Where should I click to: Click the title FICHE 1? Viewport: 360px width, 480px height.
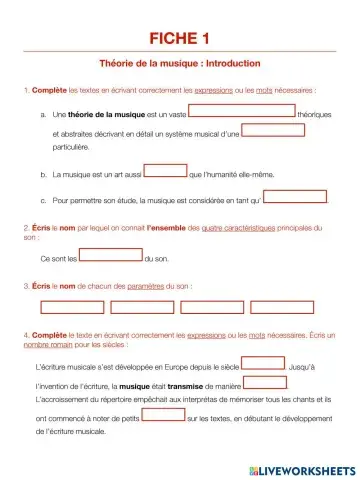click(x=180, y=39)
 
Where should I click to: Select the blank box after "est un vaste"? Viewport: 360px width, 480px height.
click(x=243, y=111)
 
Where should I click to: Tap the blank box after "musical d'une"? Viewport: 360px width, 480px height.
click(x=273, y=129)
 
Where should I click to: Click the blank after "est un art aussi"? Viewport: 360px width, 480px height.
click(x=166, y=170)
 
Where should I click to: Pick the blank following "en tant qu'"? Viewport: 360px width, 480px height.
click(x=296, y=196)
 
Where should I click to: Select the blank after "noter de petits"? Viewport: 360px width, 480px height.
click(x=163, y=414)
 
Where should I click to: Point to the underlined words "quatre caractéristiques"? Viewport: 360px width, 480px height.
click(x=233, y=228)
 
